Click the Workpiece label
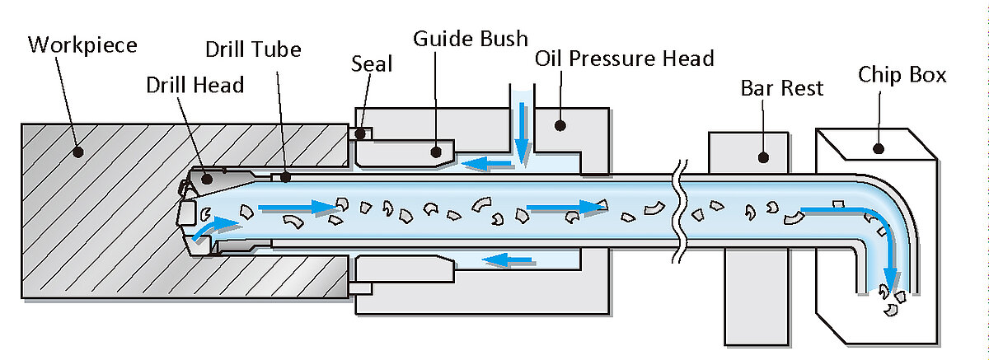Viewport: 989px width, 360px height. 82,44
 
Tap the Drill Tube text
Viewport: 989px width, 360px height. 253,49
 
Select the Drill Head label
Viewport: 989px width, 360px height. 195,84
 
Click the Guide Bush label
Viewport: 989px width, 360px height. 470,38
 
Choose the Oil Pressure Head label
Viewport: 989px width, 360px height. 624,59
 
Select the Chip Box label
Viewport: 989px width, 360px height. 902,75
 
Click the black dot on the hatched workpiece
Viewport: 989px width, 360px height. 78,151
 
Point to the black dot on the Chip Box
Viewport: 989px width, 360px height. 879,149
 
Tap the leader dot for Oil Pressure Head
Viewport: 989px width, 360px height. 560,125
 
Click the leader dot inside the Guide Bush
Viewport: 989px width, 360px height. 437,151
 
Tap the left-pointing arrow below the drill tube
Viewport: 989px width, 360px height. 507,261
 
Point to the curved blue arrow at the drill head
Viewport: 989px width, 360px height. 205,228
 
